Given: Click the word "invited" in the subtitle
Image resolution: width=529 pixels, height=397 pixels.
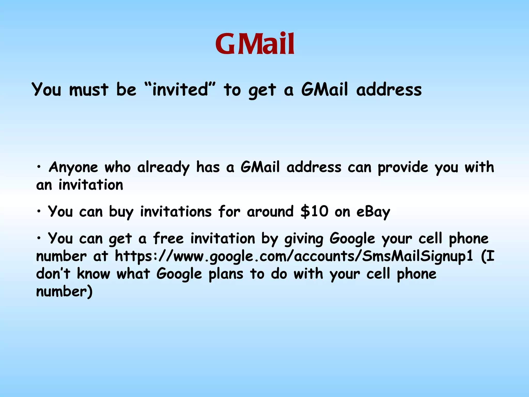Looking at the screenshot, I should (x=180, y=89).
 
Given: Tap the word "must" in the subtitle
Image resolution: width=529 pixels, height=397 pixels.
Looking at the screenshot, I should (x=89, y=90).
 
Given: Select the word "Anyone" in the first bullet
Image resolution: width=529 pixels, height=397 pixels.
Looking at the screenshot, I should (x=73, y=167).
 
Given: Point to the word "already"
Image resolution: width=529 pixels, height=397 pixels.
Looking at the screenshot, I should (x=163, y=167).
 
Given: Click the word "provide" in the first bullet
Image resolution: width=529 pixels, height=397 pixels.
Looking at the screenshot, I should (x=403, y=167).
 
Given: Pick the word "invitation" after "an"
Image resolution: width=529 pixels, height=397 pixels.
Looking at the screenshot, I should (x=91, y=185).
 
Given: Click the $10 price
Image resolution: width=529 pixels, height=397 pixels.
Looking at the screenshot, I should (x=314, y=211).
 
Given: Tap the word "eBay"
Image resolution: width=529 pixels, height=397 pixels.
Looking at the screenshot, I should (x=373, y=212).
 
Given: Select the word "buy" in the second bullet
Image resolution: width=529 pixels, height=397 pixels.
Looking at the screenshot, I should (x=121, y=212).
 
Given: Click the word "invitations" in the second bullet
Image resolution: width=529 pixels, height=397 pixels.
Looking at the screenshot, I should (x=176, y=211).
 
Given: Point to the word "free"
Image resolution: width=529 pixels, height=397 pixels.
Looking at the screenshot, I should (x=168, y=238).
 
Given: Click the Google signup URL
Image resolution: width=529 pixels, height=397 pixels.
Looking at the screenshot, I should (x=294, y=256).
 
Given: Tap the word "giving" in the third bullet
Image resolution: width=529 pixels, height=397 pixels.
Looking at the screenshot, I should (x=304, y=239).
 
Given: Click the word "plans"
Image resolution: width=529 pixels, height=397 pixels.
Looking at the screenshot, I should (x=226, y=274).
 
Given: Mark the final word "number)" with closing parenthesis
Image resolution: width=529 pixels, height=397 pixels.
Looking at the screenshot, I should (x=64, y=292).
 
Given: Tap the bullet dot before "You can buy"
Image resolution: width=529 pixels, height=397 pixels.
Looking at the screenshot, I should (x=39, y=211).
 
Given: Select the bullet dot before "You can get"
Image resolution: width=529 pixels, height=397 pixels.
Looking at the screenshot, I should (x=39, y=238).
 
